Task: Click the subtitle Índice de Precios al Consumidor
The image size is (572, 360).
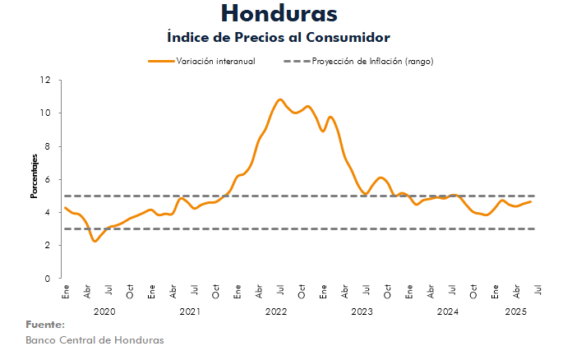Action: (278, 38)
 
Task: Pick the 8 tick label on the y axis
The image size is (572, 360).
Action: (47, 146)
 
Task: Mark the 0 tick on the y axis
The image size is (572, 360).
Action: (47, 279)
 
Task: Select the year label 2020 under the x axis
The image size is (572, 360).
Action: (104, 312)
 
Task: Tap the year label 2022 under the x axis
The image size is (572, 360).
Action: (275, 312)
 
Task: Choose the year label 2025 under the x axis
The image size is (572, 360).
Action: (515, 312)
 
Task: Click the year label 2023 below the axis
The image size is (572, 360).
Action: (362, 312)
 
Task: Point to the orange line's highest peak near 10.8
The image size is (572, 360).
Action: (280, 99)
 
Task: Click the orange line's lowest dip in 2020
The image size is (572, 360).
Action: (95, 241)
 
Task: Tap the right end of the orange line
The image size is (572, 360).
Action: (531, 201)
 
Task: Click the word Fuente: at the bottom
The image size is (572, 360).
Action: (45, 325)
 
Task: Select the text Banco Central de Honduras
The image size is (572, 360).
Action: (95, 340)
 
